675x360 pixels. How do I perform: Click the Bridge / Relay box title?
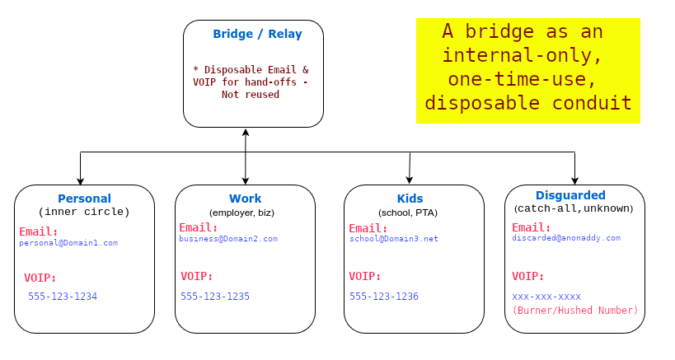(x=257, y=35)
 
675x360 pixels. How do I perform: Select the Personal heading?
(x=84, y=199)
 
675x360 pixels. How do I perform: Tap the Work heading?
(x=245, y=199)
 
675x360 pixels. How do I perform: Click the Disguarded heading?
(x=570, y=195)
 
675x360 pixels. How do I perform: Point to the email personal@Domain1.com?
(x=69, y=243)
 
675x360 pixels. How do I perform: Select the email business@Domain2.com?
(x=228, y=239)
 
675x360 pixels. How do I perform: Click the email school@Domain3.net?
(x=394, y=239)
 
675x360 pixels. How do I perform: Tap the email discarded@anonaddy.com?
(x=566, y=238)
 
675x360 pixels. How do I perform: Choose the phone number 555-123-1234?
(x=63, y=296)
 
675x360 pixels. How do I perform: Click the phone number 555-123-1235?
(x=215, y=296)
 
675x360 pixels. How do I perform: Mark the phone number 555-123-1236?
(x=384, y=296)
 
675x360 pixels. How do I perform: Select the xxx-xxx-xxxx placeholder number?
(x=546, y=296)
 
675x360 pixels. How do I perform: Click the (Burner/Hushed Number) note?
(x=575, y=311)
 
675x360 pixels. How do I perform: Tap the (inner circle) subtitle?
(x=84, y=212)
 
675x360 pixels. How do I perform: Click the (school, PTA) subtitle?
(x=408, y=213)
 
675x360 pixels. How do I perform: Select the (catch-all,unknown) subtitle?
(x=574, y=208)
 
